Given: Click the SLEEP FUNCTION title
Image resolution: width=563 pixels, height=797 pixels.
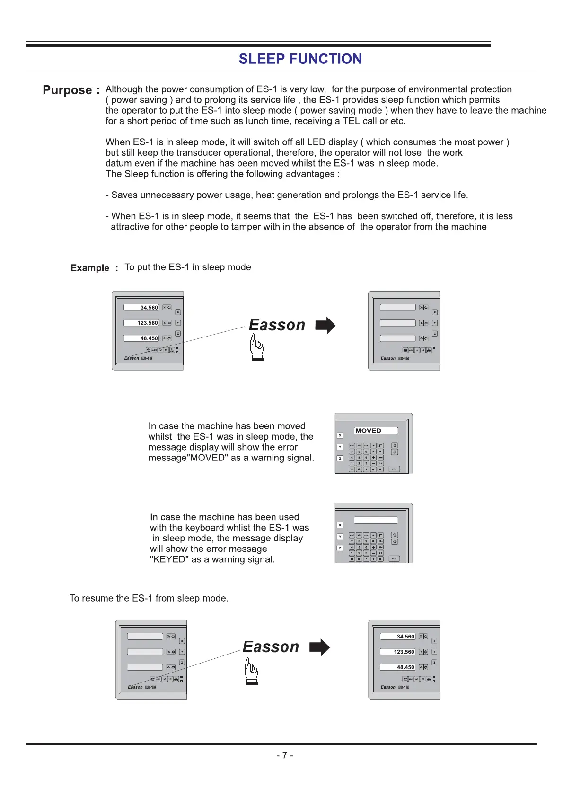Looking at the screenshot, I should coord(300,59).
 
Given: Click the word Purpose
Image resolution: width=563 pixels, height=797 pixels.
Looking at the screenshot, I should coord(67,90).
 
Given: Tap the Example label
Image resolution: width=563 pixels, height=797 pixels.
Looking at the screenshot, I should coord(90,268).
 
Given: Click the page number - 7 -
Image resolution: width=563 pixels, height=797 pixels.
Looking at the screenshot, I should coord(285,755).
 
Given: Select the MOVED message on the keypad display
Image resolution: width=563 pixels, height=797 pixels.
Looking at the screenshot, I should coord(369,431).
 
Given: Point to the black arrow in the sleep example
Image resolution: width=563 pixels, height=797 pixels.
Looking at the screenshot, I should coord(325,326).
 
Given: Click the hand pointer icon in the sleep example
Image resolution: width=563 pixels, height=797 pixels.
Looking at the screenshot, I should coord(257,347).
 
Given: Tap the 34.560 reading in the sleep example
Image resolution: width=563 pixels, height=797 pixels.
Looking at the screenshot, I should coord(149,308).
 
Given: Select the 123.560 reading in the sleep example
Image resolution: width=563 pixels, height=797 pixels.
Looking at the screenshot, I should coord(148,323).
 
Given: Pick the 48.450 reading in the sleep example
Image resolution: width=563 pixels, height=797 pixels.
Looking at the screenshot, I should coord(149,338).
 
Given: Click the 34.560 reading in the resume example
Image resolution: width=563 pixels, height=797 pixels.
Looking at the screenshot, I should coord(405,637).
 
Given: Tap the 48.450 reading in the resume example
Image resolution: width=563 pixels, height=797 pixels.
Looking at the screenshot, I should coord(405,667).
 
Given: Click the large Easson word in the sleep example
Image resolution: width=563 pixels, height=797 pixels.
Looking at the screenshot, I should coord(277,325).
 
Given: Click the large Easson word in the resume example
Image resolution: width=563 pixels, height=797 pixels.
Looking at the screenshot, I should coord(271,647).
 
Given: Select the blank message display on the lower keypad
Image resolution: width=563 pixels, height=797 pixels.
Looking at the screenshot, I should coord(376,520).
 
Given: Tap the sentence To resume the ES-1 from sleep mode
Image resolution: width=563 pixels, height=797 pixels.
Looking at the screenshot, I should coord(149,598).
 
